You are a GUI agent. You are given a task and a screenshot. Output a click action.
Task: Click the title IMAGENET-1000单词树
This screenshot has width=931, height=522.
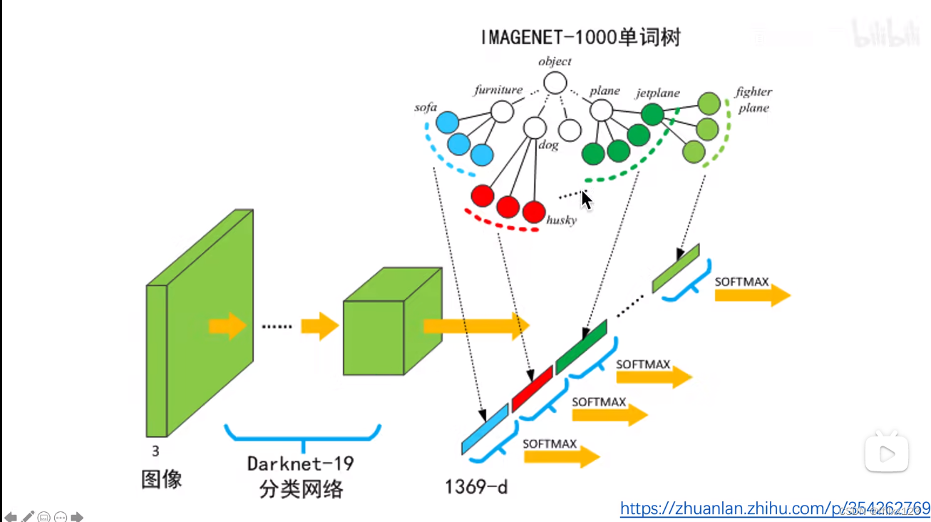[x=580, y=37]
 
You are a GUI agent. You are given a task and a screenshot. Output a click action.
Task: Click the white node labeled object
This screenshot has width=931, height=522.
[x=555, y=83]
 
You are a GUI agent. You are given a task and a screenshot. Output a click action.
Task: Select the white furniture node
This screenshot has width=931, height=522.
[x=502, y=111]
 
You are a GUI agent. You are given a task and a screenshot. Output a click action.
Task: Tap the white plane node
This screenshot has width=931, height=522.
[x=602, y=110]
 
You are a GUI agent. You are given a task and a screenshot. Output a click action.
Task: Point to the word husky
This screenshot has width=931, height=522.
[x=561, y=220]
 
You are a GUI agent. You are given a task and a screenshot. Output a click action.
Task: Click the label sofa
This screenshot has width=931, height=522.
[x=426, y=108]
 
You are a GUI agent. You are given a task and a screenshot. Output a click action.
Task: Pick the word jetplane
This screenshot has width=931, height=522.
[x=657, y=93]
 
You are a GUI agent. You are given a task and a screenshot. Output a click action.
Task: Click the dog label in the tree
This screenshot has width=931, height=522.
[x=548, y=145]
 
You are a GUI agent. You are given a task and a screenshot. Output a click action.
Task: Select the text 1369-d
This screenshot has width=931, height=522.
[x=476, y=487]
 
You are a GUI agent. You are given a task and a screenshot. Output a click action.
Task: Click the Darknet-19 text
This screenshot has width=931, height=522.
[x=300, y=464]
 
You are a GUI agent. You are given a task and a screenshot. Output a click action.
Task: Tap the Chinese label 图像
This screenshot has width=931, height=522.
[x=162, y=479]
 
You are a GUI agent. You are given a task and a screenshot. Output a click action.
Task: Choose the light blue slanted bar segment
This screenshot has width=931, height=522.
[x=485, y=429]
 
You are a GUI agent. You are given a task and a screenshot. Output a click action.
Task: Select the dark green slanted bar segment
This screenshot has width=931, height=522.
[x=581, y=346]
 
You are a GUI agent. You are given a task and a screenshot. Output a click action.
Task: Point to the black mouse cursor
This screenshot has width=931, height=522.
[x=586, y=200]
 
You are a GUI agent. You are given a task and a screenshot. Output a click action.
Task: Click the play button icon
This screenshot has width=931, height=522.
[x=887, y=453]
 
